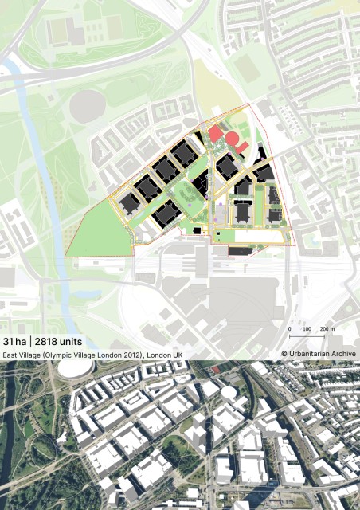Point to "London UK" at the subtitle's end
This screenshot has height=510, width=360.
tap(165, 354)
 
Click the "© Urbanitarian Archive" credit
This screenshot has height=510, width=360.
tap(318, 354)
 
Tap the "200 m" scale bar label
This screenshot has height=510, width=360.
tap(326, 328)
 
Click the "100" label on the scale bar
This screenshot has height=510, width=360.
tap(306, 328)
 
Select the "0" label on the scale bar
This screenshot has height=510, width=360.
tap(288, 328)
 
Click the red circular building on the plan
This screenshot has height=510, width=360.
tap(233, 142)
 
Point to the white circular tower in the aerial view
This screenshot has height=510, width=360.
tap(228, 393)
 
